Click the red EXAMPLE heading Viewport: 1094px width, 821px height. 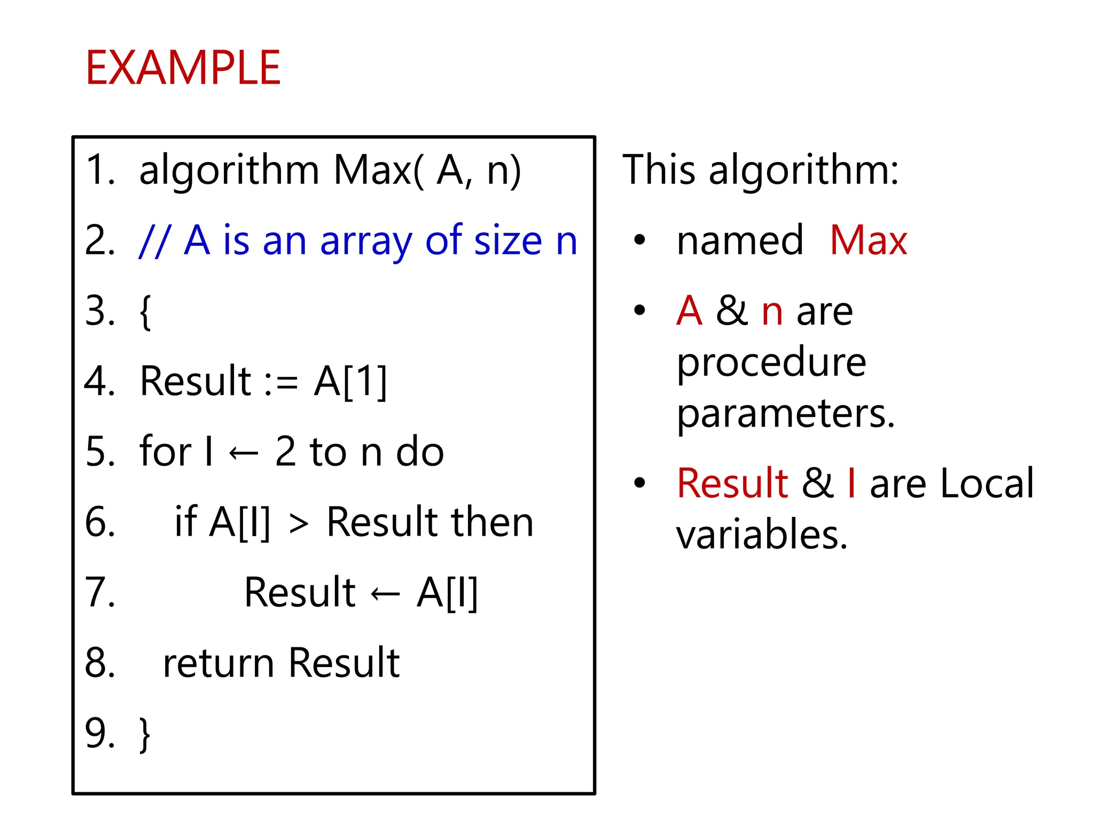pyautogui.click(x=183, y=68)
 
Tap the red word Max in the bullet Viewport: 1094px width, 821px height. pyautogui.click(x=869, y=241)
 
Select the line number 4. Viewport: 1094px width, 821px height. pyautogui.click(x=99, y=381)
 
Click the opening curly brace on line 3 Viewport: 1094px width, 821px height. pyautogui.click(x=145, y=312)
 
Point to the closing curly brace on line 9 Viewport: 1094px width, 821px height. pyautogui.click(x=145, y=734)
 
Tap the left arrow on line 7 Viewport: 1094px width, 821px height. pyautogui.click(x=385, y=594)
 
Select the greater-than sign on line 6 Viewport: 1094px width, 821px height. pyautogui.click(x=299, y=524)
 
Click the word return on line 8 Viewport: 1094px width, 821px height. pyautogui.click(x=218, y=663)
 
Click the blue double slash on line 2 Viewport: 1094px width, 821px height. pyautogui.click(x=154, y=242)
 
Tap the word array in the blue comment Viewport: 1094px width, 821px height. pyautogui.click(x=366, y=242)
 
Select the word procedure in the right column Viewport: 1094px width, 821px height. pyautogui.click(x=771, y=363)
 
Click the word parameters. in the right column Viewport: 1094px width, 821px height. pyautogui.click(x=785, y=414)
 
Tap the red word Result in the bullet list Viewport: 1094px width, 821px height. pyautogui.click(x=732, y=483)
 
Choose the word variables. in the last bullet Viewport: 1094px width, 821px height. pyautogui.click(x=762, y=535)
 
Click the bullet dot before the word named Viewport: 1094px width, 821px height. pyautogui.click(x=639, y=241)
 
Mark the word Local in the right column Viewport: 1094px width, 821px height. pyautogui.click(x=987, y=483)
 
